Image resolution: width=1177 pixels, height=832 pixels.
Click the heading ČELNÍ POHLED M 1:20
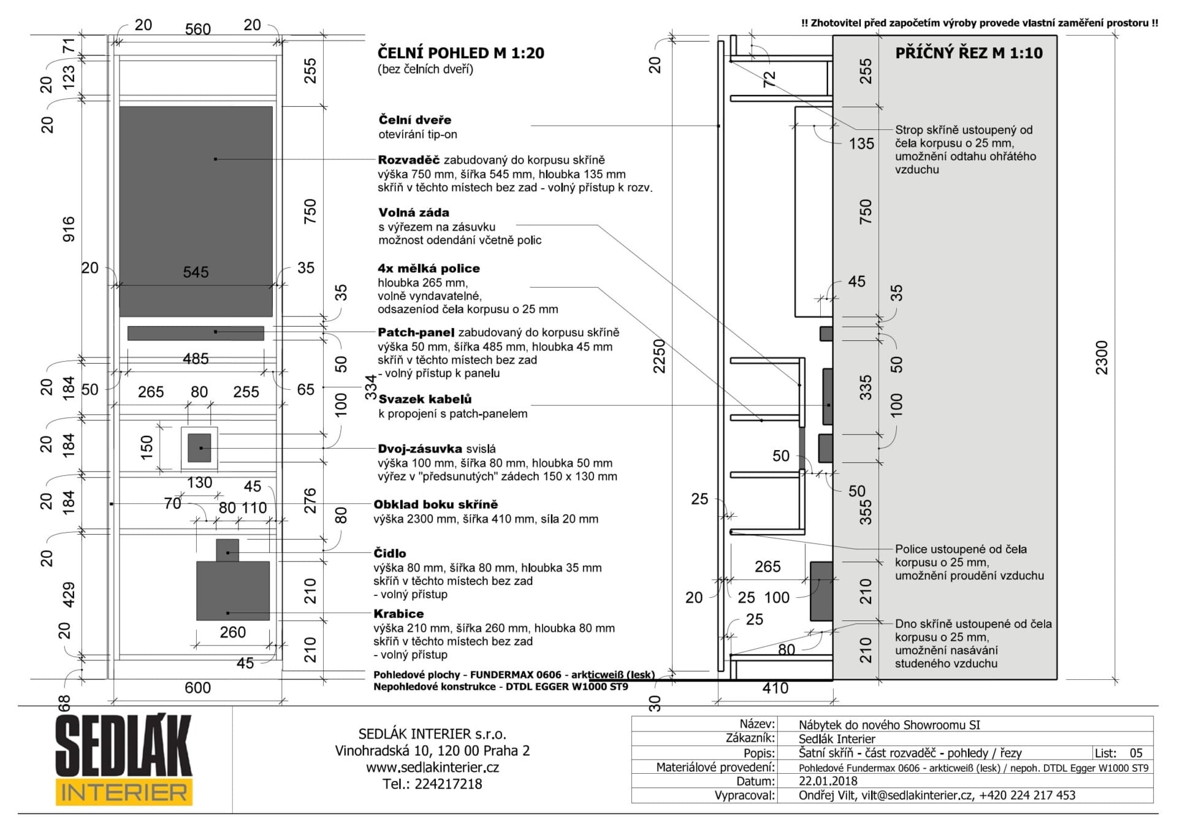pos(461,53)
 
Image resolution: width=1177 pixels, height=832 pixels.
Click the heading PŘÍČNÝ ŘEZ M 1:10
pos(969,53)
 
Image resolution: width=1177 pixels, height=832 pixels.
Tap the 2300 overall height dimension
pos(1102,357)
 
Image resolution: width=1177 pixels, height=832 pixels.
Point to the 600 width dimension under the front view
pos(197,688)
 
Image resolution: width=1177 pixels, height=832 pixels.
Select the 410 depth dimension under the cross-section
pos(775,688)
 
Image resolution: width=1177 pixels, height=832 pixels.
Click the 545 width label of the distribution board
pos(196,272)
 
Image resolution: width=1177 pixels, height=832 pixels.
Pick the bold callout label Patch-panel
pos(416,332)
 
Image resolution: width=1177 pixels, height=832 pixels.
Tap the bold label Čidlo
pos(390,553)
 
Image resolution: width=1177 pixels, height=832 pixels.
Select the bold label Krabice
pos(398,614)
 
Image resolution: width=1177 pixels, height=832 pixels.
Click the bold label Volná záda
pos(414,213)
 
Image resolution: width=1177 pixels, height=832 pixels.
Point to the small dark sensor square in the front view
pos(227,551)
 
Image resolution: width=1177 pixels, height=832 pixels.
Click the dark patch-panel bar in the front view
pos(196,333)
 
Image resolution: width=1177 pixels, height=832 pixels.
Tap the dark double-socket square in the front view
pos(199,448)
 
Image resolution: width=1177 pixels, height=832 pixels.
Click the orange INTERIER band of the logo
pos(124,792)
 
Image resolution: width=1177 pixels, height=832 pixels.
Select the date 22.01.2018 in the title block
pos(828,781)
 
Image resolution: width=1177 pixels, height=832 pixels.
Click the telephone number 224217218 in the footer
pos(448,784)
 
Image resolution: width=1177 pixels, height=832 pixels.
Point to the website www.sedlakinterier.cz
pos(432,768)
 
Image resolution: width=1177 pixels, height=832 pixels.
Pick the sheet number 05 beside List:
pos(1136,753)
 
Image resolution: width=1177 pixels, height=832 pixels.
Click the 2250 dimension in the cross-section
pos(658,356)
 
